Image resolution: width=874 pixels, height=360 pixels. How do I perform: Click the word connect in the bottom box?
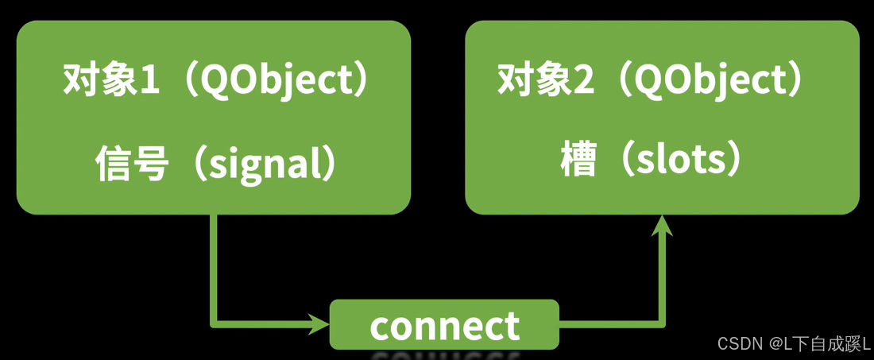point(444,326)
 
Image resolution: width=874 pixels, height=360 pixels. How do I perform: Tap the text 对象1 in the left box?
point(110,79)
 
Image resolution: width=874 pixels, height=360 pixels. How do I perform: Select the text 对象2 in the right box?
point(545,79)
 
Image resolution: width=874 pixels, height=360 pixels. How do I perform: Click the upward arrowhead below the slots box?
point(662,226)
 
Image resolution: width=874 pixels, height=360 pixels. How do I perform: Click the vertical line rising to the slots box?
point(662,278)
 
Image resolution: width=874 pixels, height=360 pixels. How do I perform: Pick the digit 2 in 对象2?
point(585,79)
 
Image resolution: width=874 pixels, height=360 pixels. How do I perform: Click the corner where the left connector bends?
point(214,323)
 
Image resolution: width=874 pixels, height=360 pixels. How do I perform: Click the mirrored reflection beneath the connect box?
point(444,354)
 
